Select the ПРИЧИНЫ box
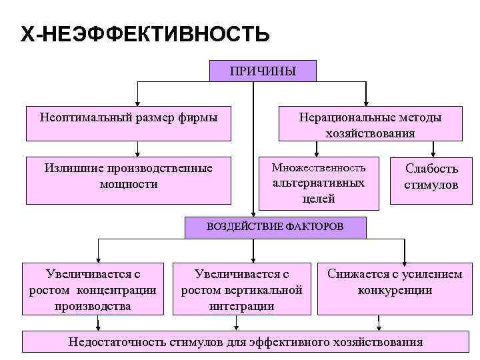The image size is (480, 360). [263, 71]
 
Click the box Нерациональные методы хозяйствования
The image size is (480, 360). [370, 124]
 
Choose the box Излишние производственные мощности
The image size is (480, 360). [128, 179]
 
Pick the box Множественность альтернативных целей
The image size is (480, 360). [319, 181]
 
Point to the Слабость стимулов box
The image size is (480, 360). [431, 177]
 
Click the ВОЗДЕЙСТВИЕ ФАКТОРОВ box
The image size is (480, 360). [275, 226]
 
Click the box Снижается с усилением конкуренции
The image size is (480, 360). [394, 283]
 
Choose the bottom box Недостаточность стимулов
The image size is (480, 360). [246, 341]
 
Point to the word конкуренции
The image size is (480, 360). [395, 291]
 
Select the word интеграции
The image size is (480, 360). [241, 306]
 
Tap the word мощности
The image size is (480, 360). [128, 185]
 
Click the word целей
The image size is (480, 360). [318, 198]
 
